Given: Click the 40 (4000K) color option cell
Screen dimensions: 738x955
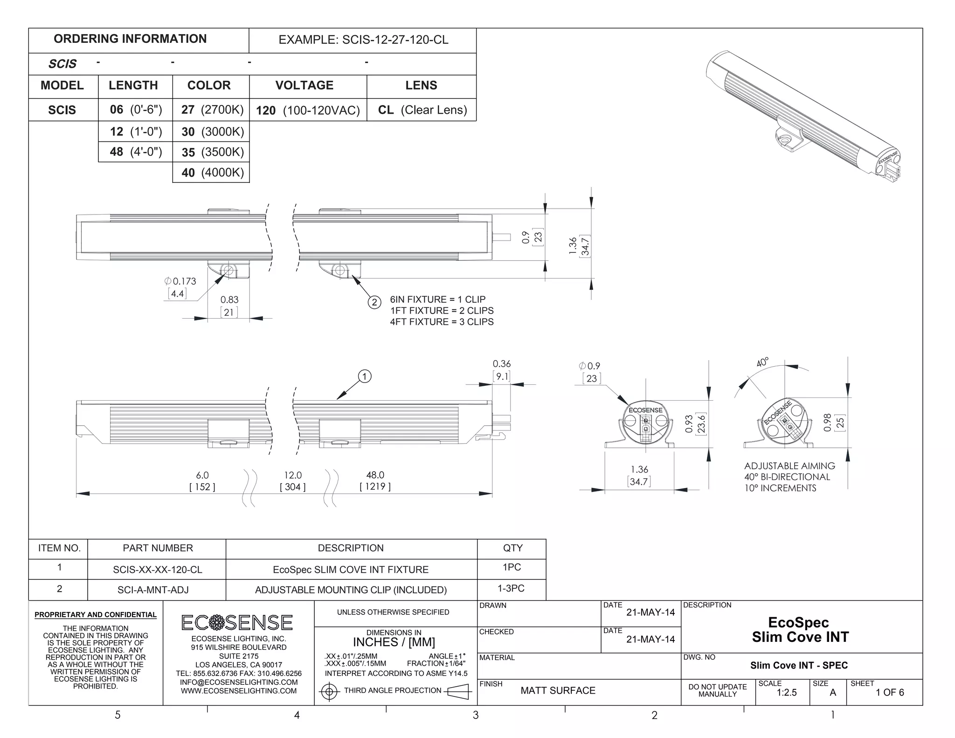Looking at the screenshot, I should pos(212,173).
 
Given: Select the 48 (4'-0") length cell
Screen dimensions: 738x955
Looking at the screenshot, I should pos(136,152).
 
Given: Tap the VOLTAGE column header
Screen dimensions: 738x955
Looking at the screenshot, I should pos(304,85).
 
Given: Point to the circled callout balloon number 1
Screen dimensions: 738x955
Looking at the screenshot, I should pos(365,376).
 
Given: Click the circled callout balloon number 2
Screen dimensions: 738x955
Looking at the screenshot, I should pos(374,302).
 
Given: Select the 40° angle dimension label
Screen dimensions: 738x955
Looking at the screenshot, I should pos(762,362).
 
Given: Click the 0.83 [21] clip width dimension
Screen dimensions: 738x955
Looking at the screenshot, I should pos(229,306).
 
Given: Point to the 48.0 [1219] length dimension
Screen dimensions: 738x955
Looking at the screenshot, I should pos(375,480).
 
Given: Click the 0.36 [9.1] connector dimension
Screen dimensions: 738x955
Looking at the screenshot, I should pos(502,369).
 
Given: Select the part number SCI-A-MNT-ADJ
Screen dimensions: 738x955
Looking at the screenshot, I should pos(153,590).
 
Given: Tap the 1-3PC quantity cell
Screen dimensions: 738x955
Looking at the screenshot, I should pos(511,589).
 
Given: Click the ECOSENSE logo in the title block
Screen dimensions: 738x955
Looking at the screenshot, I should pos(237,623).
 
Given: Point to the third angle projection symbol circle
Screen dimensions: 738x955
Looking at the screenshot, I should pos(330,691).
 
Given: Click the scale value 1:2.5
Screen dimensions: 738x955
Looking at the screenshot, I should pos(787,693).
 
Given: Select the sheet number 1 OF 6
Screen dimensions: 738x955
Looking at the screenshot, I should pos(890,693).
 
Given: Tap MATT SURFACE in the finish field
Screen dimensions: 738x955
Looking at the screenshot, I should pos(558,691).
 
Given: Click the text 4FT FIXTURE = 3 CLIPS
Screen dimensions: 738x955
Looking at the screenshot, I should pos(442,322).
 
